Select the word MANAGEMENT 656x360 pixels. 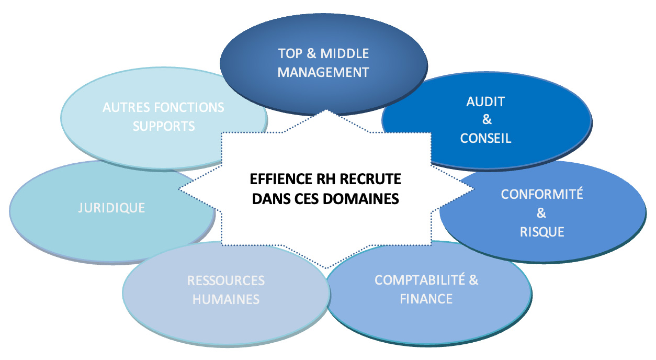tap(323, 72)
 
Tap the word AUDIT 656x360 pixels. tap(486, 102)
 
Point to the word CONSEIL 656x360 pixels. tap(485, 139)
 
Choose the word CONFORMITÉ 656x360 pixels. tap(542, 194)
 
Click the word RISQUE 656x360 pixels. tap(542, 232)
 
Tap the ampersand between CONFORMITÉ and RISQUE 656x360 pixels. tap(542, 213)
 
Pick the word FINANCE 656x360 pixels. tap(426, 299)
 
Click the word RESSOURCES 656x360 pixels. tap(226, 280)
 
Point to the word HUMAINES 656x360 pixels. tap(226, 299)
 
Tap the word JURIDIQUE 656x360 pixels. tap(111, 208)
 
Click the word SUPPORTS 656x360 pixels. tap(164, 126)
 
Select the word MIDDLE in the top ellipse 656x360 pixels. tap(345, 53)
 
